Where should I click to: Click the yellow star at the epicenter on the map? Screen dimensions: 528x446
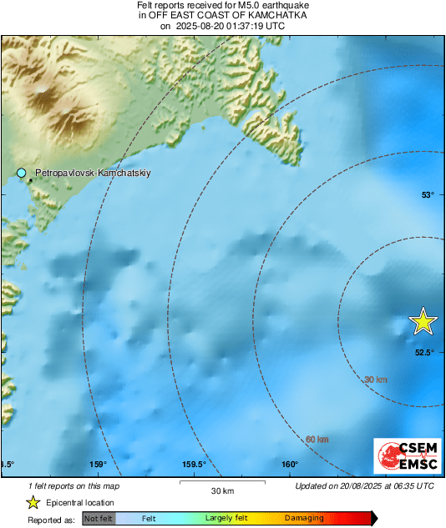click(423, 321)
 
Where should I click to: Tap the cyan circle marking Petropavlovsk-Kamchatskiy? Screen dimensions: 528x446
click(22, 173)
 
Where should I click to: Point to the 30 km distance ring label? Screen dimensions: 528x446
click(376, 380)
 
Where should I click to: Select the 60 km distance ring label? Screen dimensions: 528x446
click(317, 440)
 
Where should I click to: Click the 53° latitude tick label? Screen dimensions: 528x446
click(428, 194)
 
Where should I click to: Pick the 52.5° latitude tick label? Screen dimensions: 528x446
click(425, 352)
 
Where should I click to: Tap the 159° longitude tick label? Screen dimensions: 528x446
click(98, 465)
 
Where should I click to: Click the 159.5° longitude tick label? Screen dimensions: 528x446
click(194, 465)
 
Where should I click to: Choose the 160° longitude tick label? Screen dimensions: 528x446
click(290, 465)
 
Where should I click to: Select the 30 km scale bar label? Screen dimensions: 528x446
click(221, 490)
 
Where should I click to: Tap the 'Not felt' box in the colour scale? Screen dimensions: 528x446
click(99, 519)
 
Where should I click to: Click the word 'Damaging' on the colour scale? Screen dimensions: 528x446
click(304, 519)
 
